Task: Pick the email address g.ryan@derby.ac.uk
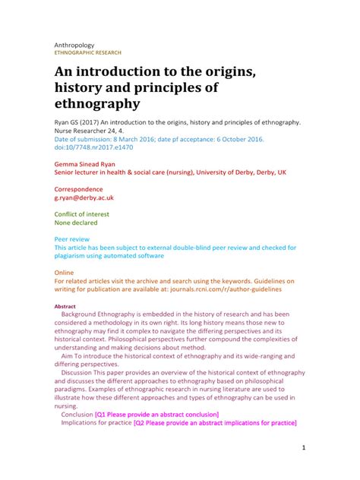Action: click(84, 197)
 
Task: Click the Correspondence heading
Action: click(81, 188)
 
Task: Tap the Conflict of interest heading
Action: click(87, 214)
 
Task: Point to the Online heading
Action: click(64, 272)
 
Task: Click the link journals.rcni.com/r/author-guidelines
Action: click(216, 289)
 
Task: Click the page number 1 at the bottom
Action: click(303, 449)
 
